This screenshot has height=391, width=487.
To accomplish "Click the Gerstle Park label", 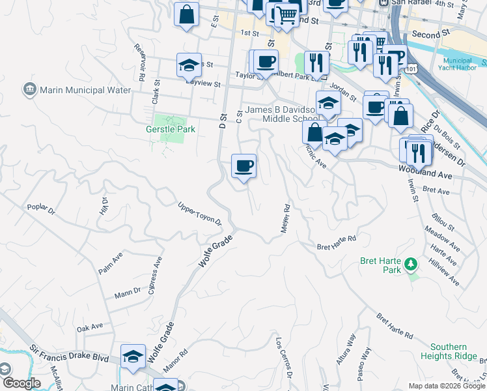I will tap(171, 130).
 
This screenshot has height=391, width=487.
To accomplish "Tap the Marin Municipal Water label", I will tap(85, 90).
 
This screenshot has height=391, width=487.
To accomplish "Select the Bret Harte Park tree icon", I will tap(410, 264).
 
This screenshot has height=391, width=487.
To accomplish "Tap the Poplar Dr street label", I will tap(42, 210).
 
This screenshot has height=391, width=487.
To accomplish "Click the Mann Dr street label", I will tap(128, 291).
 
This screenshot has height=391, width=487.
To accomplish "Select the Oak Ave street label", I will tap(89, 326).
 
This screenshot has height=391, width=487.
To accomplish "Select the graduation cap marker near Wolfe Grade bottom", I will tap(133, 357).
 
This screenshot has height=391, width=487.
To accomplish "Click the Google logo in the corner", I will tap(21, 383).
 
